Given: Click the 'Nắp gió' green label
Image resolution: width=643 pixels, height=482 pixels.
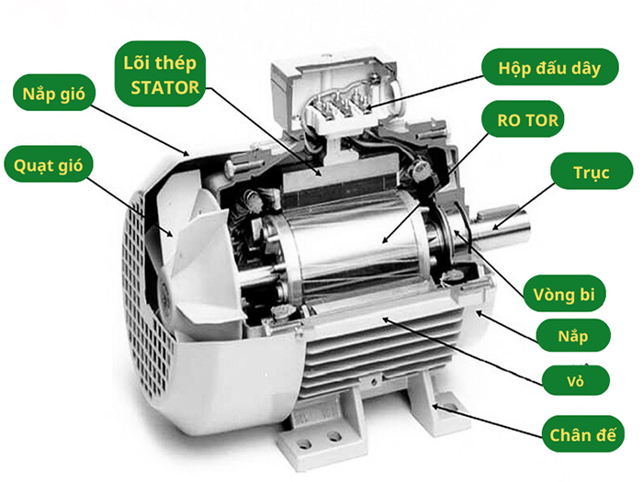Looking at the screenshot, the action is click(x=53, y=93).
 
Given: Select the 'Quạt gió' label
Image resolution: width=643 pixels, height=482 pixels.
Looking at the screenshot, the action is click(x=49, y=164).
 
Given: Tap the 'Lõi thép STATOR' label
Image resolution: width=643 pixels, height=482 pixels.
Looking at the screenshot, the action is click(x=160, y=73).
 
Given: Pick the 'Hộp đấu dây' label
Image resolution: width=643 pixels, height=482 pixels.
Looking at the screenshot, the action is click(x=549, y=67).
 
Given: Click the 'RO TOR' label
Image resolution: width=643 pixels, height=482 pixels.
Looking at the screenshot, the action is click(x=527, y=119).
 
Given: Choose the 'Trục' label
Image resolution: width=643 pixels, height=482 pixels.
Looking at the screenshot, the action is click(x=592, y=172).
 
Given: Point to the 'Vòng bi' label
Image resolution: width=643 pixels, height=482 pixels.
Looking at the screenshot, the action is click(x=564, y=294).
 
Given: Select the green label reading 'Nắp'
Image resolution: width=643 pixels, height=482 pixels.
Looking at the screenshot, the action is click(x=573, y=335).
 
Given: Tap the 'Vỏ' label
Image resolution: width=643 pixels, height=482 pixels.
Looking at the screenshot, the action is click(x=576, y=380).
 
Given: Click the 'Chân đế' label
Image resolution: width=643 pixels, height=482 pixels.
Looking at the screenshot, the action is click(x=582, y=433).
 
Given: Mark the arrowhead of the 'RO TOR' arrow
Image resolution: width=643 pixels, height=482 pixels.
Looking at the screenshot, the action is click(x=384, y=241).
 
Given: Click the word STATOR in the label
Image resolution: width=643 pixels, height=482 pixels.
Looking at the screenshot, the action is click(x=164, y=87).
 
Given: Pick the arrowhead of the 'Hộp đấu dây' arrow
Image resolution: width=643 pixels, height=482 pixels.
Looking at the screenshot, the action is click(x=367, y=108).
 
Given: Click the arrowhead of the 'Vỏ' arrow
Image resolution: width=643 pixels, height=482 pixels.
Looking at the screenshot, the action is click(x=385, y=319).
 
